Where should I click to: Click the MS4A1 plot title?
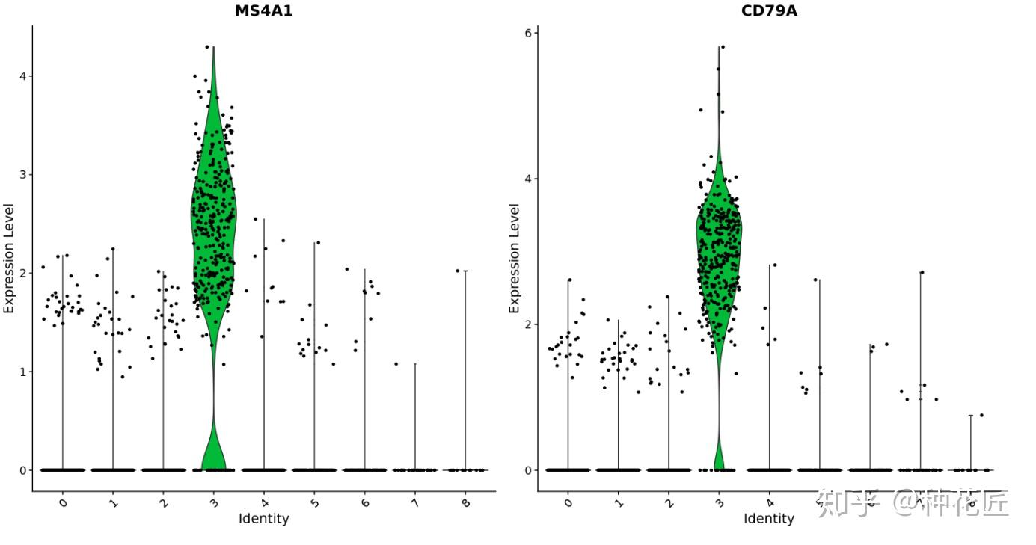263,10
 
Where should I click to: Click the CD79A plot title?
768,10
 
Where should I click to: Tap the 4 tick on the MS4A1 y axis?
22,76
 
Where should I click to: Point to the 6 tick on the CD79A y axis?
527,34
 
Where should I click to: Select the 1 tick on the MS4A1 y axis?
22,372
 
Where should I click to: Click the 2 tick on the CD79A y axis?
527,324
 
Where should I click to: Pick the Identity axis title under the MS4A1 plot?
263,519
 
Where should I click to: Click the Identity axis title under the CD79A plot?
768,519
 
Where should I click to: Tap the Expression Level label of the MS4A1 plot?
9,258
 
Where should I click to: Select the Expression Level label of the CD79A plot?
515,258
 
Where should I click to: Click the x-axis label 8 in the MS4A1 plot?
465,503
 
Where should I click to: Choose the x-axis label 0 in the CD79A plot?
568,503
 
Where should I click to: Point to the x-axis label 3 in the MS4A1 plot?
213,503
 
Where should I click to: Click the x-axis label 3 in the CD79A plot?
719,503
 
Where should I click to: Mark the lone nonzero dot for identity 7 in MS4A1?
396,364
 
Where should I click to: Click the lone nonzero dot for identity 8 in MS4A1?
456,271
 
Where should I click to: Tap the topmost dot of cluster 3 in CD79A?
723,47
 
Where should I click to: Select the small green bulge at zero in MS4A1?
214,452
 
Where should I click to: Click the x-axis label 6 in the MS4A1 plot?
364,503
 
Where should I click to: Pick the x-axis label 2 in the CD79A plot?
669,503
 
